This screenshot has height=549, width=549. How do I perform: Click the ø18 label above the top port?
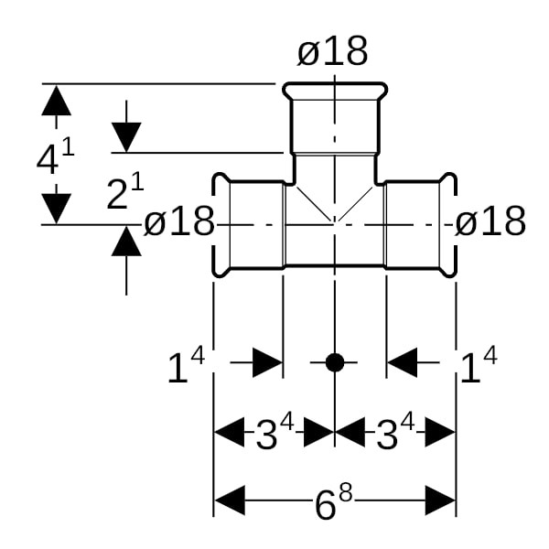pyautogui.click(x=332, y=52)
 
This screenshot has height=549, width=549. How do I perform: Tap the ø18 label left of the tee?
pyautogui.click(x=179, y=221)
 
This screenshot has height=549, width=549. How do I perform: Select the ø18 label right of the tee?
pyautogui.click(x=490, y=221)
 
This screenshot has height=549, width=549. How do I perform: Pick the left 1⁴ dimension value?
pyautogui.click(x=185, y=367)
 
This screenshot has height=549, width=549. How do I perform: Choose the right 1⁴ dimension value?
pyautogui.click(x=477, y=367)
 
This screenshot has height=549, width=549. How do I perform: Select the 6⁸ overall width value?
pyautogui.click(x=333, y=502)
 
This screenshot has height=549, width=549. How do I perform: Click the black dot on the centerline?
pyautogui.click(x=335, y=362)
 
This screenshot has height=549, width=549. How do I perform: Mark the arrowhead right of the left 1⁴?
pyautogui.click(x=267, y=362)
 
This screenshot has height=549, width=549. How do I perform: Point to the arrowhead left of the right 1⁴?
pyautogui.click(x=402, y=362)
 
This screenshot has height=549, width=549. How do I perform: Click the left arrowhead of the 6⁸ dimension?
pyautogui.click(x=229, y=501)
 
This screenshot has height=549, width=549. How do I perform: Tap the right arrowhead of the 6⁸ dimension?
pyautogui.click(x=441, y=501)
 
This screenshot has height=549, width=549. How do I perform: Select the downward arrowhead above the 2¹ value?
pyautogui.click(x=126, y=137)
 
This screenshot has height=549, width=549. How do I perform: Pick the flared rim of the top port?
pyautogui.click(x=334, y=91)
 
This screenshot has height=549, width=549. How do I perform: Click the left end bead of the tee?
pyautogui.click(x=219, y=224)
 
